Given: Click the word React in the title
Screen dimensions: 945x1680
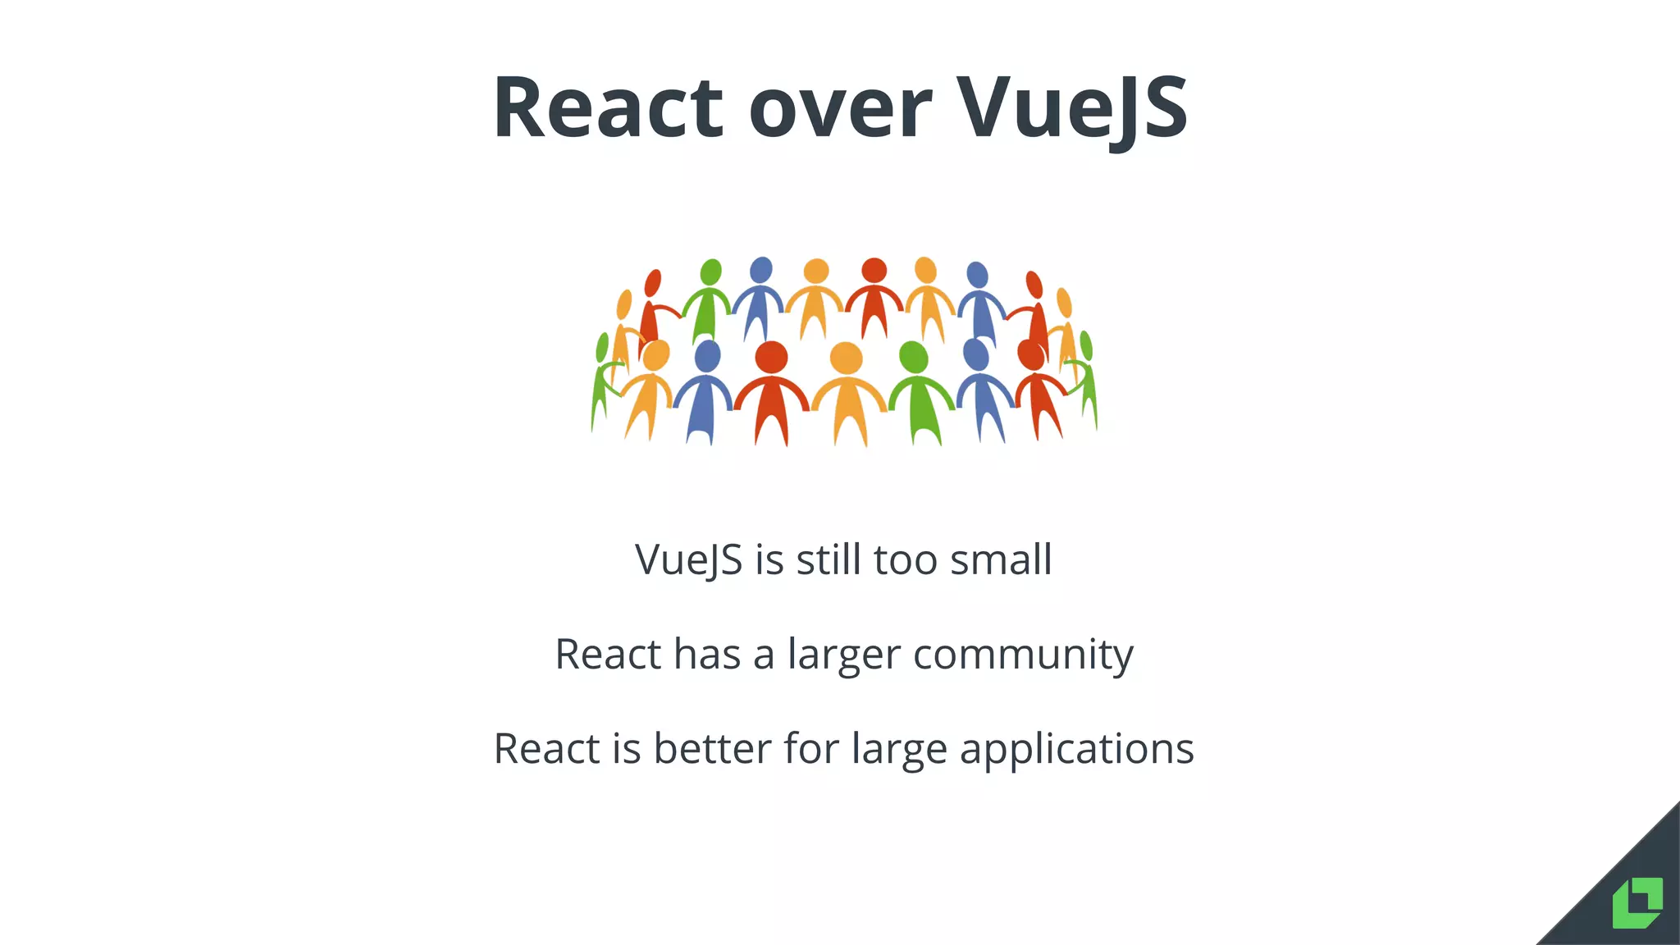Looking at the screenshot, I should pyautogui.click(x=608, y=108).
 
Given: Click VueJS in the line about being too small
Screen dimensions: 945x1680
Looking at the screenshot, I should pyautogui.click(x=688, y=560).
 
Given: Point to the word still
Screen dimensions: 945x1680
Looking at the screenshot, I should pyautogui.click(x=829, y=560).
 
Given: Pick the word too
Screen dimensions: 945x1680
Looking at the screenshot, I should pyautogui.click(x=905, y=560).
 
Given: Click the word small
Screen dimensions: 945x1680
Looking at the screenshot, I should pyautogui.click(x=1000, y=560).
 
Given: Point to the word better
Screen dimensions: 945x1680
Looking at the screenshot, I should pyautogui.click(x=712, y=749).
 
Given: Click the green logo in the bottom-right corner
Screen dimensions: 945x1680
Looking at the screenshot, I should pyautogui.click(x=1637, y=903).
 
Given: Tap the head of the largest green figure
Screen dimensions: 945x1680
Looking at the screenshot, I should pyautogui.click(x=913, y=357).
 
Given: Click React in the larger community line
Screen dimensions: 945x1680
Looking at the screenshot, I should pyautogui.click(x=608, y=655).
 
